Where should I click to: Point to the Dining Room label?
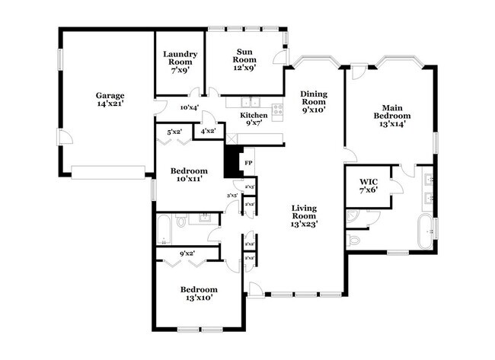pyautogui.click(x=313, y=101)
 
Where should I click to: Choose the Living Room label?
pyautogui.click(x=305, y=215)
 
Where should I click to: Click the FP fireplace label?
pyautogui.click(x=247, y=163)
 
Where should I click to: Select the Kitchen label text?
pyautogui.click(x=254, y=119)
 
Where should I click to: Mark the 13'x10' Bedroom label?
pyautogui.click(x=199, y=294)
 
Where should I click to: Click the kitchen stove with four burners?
pyautogui.click(x=278, y=109)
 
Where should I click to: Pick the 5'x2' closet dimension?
pyautogui.click(x=174, y=132)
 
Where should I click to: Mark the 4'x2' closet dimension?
pyautogui.click(x=207, y=131)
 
